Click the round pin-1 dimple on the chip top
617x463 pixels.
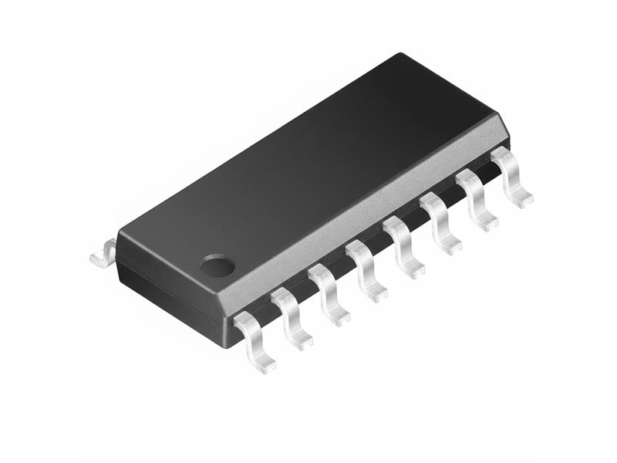(x=217, y=266)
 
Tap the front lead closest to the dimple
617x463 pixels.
(x=252, y=336)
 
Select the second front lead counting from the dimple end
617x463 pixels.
(x=291, y=315)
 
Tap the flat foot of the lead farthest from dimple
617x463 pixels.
(x=521, y=201)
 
